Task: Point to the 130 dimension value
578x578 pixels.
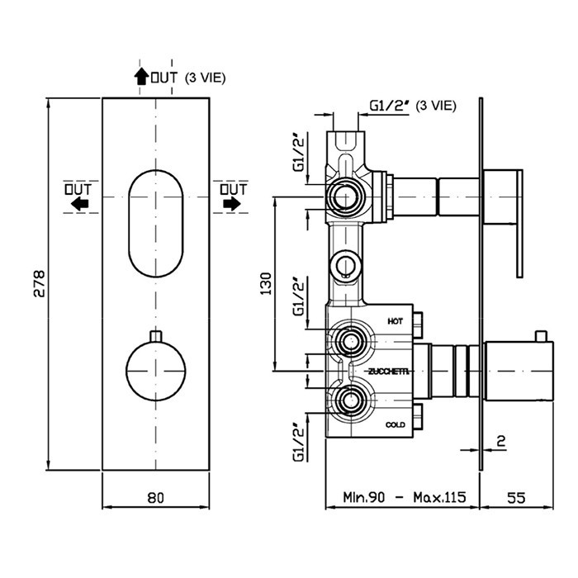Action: tap(265, 284)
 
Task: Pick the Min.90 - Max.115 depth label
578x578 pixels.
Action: tap(405, 497)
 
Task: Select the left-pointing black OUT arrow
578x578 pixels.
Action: tap(79, 203)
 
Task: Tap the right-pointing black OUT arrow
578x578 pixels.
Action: tap(232, 203)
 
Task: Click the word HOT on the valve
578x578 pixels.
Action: tap(394, 320)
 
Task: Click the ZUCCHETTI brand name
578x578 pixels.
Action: tap(386, 370)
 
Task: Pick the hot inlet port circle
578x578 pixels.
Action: tap(349, 339)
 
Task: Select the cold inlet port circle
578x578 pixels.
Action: tap(349, 403)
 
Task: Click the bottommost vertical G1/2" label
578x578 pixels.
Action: tap(299, 441)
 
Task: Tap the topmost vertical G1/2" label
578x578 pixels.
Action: tap(299, 152)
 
